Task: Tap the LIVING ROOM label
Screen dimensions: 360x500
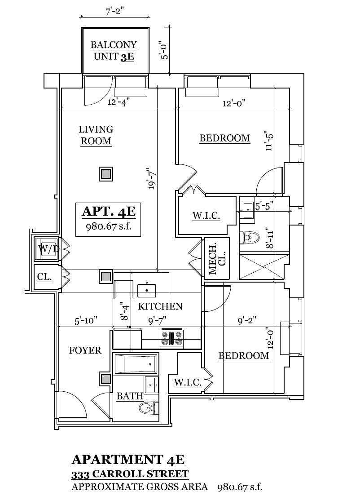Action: [96, 135]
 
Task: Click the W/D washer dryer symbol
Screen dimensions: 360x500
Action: [48, 248]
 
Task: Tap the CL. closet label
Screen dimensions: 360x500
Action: [44, 277]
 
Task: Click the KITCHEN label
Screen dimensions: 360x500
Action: [160, 307]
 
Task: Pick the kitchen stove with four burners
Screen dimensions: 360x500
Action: [172, 338]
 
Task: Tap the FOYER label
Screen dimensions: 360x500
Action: [85, 350]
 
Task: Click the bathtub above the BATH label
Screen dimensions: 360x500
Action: [136, 364]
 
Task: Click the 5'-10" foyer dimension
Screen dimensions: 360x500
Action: [86, 321]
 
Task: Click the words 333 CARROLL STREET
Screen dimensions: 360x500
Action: [130, 474]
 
